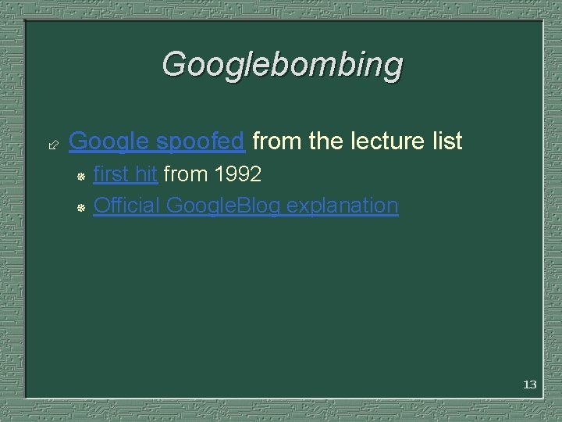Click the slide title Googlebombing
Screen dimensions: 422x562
click(282, 65)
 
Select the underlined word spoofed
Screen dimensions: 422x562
click(201, 141)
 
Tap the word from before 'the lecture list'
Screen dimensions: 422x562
click(278, 141)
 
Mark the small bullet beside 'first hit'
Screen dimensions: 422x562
click(80, 176)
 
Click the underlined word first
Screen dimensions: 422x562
click(112, 174)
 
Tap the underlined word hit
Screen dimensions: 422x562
click(147, 174)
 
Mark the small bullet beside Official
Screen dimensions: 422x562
click(80, 207)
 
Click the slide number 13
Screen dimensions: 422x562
click(529, 384)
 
